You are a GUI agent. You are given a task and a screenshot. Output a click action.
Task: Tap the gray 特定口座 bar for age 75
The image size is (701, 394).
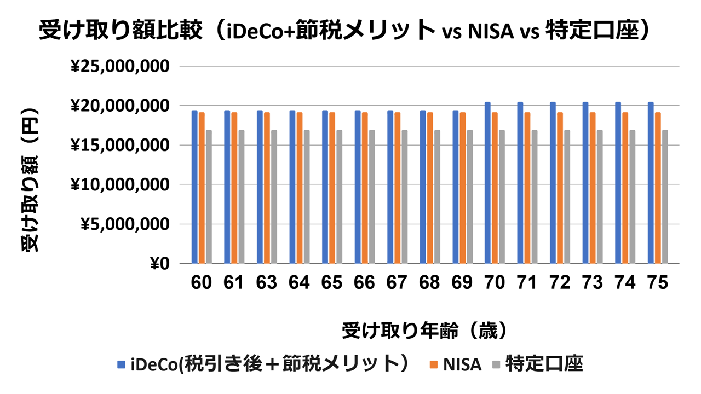pyautogui.click(x=665, y=197)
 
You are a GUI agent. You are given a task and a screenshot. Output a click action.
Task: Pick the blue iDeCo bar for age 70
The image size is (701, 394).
pyautogui.click(x=487, y=183)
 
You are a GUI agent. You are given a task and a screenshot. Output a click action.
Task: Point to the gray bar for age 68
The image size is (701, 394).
pyautogui.click(x=437, y=197)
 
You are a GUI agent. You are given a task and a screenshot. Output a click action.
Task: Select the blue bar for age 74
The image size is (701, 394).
pyautogui.click(x=618, y=183)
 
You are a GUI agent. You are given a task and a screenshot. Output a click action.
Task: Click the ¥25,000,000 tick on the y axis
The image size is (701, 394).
pyautogui.click(x=120, y=67)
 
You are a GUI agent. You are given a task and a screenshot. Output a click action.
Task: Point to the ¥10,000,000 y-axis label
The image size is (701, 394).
pyautogui.click(x=120, y=185)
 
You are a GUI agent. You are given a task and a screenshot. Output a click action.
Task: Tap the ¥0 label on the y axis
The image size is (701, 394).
pyautogui.click(x=160, y=264)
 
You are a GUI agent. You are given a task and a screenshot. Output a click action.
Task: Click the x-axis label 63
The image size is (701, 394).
pyautogui.click(x=267, y=282)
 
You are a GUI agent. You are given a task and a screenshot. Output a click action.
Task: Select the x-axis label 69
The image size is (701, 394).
pyautogui.click(x=463, y=282)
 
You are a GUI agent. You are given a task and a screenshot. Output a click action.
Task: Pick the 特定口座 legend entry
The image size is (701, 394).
pyautogui.click(x=544, y=364)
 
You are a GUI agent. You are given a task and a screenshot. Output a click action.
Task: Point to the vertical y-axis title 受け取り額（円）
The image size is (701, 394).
pyautogui.click(x=31, y=180)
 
